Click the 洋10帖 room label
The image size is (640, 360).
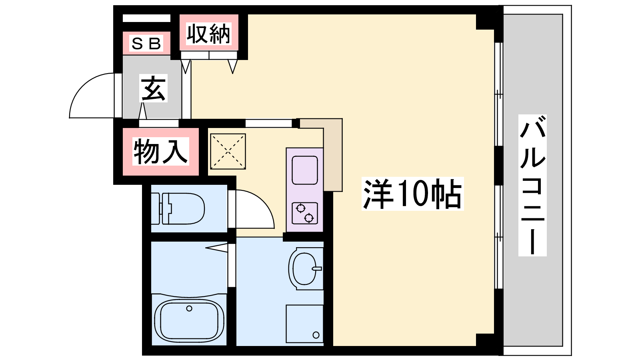(412, 194)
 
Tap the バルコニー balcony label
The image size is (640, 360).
(532, 185)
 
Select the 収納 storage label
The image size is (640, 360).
(208, 34)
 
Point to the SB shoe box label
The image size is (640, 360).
(146, 44)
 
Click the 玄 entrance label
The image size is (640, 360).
(154, 88)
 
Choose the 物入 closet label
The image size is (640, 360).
(160, 151)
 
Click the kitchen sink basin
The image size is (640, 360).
(304, 170)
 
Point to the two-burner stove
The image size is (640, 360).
(304, 213)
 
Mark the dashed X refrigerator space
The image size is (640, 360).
(228, 152)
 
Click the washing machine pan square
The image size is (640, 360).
(305, 324)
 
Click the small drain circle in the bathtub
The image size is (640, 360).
(189, 308)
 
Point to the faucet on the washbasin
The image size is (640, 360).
(317, 268)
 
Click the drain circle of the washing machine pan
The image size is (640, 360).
(316, 335)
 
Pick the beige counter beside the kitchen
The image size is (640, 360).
(332, 154)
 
